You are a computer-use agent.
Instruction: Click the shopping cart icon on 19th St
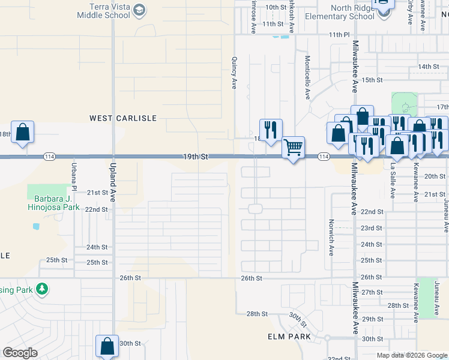293,146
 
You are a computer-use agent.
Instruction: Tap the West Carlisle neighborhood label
123,118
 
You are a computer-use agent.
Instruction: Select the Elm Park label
289,337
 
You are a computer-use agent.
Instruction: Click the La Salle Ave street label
393,181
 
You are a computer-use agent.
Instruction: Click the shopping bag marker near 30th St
107,346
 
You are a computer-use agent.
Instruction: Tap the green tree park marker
41,289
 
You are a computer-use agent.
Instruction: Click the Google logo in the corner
20,353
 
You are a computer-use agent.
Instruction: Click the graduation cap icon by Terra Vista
139,10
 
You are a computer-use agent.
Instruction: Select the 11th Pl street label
339,35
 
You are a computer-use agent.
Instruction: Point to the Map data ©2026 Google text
412,355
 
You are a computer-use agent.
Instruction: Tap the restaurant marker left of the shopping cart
271,129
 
